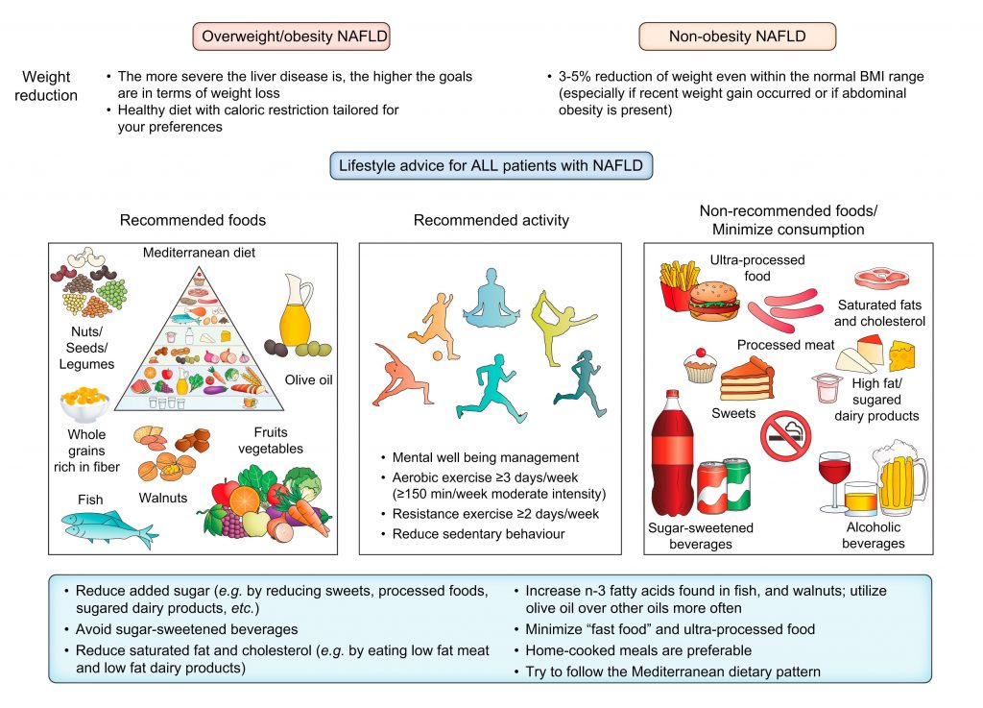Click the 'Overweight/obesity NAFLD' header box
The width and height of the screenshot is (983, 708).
293,37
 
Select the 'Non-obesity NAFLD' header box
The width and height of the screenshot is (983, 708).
737,37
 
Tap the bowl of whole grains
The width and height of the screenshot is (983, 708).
85,403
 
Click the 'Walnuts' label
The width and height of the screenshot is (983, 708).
162,498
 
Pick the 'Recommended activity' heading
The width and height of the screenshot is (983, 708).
491,220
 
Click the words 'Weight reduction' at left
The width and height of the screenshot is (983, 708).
50,85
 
